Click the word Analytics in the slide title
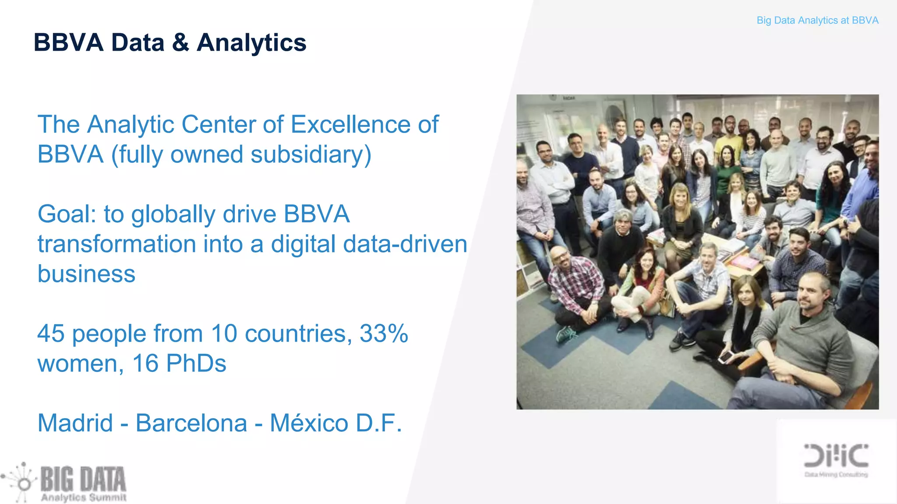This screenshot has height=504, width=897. pyautogui.click(x=251, y=43)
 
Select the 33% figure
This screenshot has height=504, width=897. pyautogui.click(x=384, y=334)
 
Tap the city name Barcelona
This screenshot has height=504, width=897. pyautogui.click(x=191, y=423)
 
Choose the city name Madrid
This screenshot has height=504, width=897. pyautogui.click(x=75, y=423)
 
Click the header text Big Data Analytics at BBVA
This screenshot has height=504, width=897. pyautogui.click(x=817, y=21)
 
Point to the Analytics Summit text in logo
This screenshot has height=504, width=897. pyautogui.click(x=83, y=497)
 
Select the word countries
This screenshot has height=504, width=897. pyautogui.click(x=298, y=334)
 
